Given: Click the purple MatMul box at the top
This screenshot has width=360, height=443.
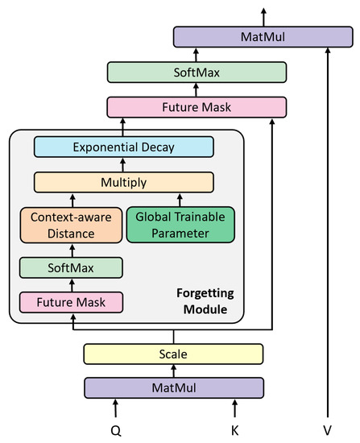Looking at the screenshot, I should click(x=263, y=37).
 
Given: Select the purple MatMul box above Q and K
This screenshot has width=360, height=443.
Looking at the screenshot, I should click(x=174, y=387).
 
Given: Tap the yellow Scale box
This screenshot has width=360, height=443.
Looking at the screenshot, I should click(x=174, y=354).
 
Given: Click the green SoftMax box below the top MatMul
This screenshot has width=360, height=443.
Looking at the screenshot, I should click(x=197, y=72).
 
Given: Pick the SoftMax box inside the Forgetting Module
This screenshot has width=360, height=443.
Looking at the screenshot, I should click(x=72, y=267).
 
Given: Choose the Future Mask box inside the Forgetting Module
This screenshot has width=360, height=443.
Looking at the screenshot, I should click(x=72, y=303).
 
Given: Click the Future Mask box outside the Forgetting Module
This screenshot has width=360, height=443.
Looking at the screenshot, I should click(x=197, y=106).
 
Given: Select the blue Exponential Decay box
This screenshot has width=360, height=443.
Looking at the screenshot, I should click(x=123, y=147).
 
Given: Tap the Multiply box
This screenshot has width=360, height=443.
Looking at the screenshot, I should click(x=123, y=183).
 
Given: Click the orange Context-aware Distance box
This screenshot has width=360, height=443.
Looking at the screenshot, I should click(x=72, y=226).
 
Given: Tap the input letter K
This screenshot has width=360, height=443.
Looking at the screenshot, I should click(x=234, y=430).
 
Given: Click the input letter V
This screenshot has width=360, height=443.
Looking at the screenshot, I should click(x=327, y=430).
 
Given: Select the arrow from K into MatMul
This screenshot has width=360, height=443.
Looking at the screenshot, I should click(x=234, y=408).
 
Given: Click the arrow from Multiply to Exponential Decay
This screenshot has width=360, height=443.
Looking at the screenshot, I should click(x=123, y=165).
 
